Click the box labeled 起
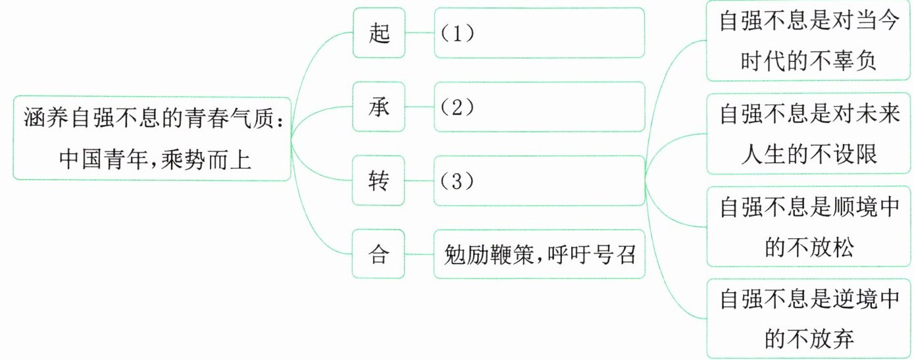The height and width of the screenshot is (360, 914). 380,32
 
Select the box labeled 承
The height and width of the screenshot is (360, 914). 380,107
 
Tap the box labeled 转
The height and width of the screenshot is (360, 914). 380,180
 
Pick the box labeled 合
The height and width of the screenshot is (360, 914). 380,254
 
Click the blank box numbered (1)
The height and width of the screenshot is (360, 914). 539,32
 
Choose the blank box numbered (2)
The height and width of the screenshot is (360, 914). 539,107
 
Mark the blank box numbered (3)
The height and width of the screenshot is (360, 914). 539,180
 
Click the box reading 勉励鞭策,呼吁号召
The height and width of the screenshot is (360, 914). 539,254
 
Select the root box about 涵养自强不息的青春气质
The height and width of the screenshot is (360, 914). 151,138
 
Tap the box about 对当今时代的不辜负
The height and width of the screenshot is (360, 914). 809,41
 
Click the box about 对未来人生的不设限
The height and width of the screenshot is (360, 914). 809,134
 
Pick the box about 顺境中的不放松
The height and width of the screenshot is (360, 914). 809,226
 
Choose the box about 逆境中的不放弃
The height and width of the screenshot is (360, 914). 809,319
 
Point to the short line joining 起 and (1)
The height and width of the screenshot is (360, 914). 420,32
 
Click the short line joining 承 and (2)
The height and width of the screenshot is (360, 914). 420,107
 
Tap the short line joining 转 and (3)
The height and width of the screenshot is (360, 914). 420,180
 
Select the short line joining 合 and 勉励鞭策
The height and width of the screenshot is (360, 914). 420,254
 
